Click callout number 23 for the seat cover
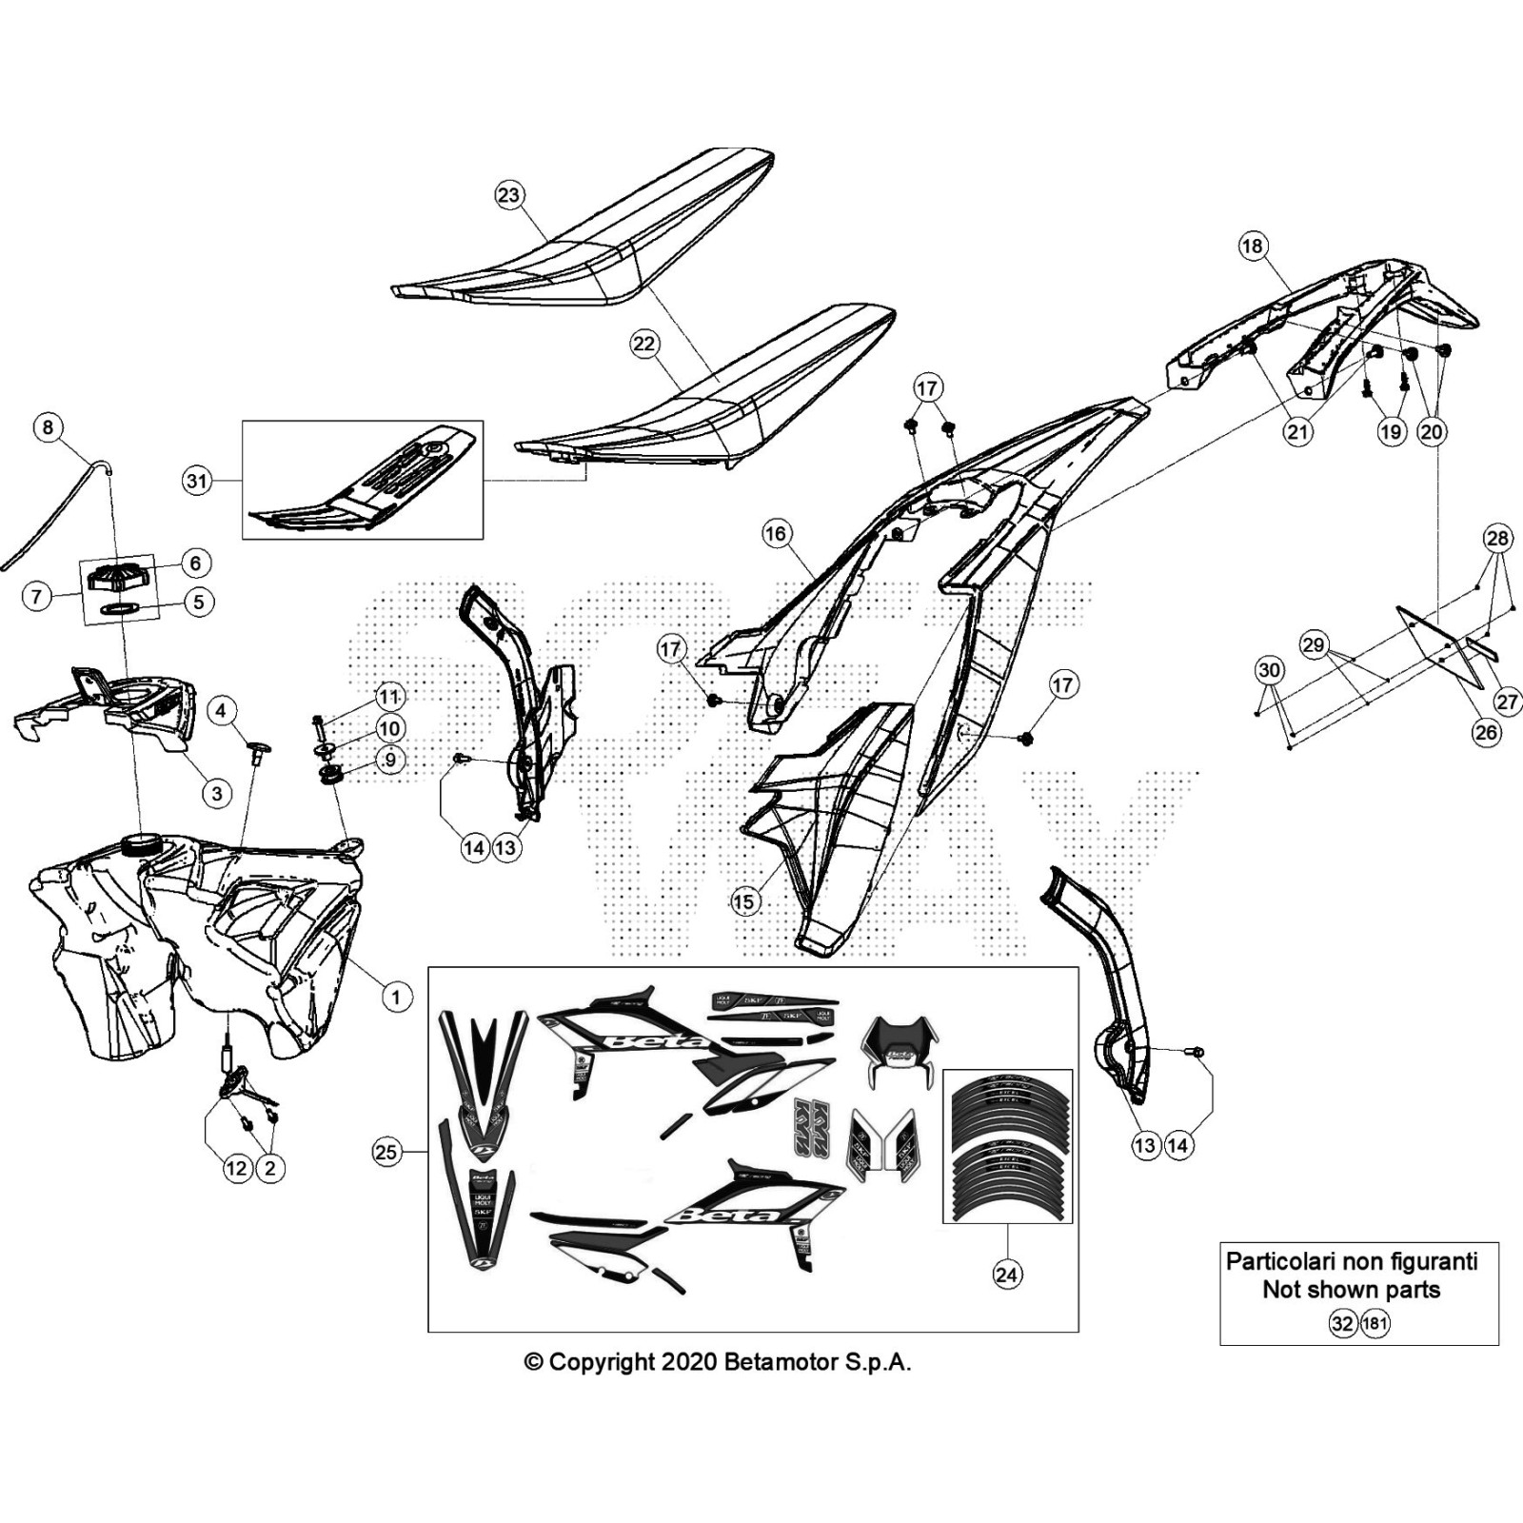point(509,195)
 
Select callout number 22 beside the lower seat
point(644,344)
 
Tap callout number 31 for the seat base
point(196,482)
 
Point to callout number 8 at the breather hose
point(49,426)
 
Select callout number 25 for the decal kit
point(386,1153)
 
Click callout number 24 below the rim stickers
point(1006,1274)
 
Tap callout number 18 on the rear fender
point(1252,246)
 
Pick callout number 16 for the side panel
point(776,533)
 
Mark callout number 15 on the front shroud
point(744,901)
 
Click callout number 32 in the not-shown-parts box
point(1342,1323)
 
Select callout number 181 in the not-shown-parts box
point(1375,1323)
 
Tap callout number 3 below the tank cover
point(217,793)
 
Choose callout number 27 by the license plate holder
point(1508,702)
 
